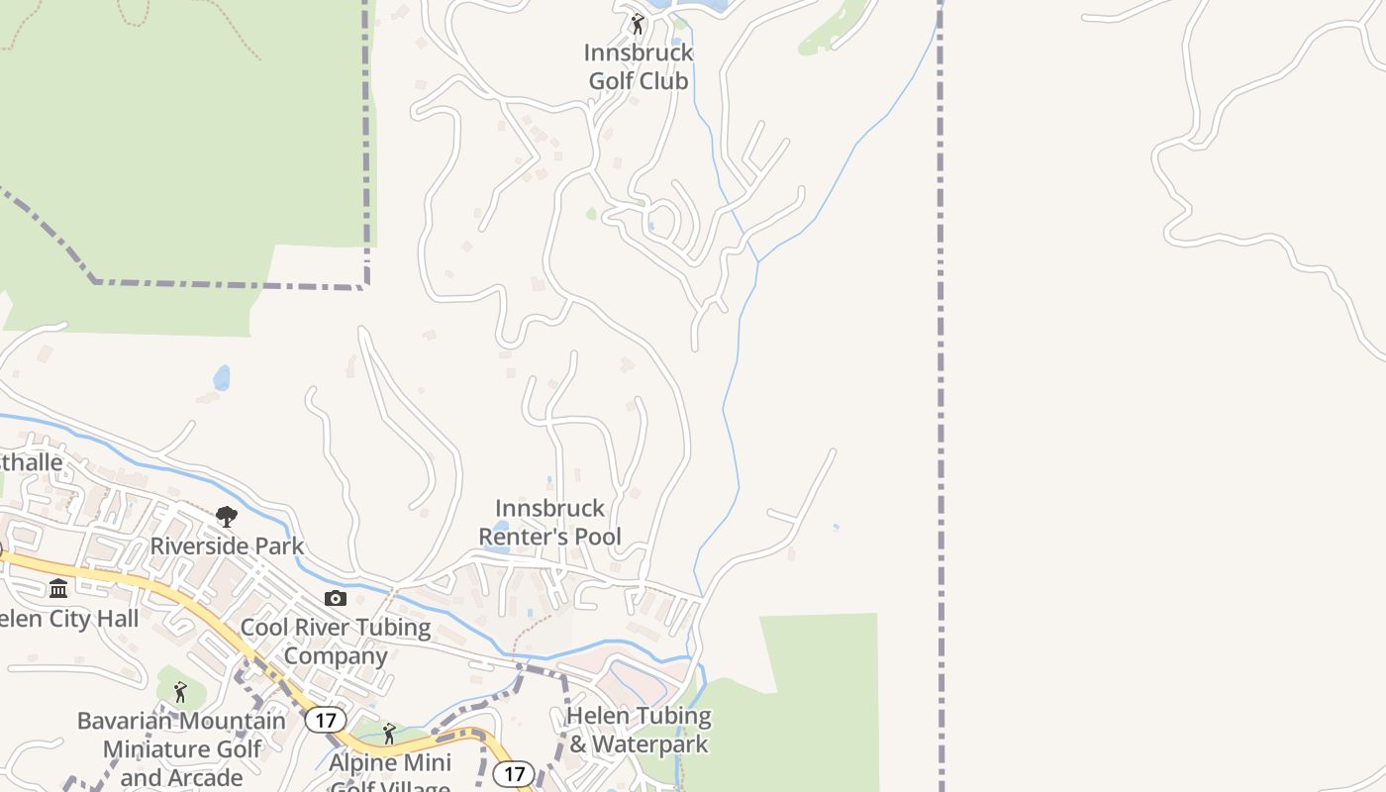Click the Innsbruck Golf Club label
639,66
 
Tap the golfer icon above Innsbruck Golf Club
638,24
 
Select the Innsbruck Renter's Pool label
549,523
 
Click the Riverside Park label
227,545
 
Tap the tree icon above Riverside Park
227,516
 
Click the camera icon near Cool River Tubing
336,598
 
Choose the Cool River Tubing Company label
336,642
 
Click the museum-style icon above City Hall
58,589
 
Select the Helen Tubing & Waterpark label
639,730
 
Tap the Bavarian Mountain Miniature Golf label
181,748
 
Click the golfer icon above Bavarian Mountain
179,691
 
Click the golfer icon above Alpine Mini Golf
389,734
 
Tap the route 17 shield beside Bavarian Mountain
325,719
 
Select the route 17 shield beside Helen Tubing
513,773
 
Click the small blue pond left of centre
222,377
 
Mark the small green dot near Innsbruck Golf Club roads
591,213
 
